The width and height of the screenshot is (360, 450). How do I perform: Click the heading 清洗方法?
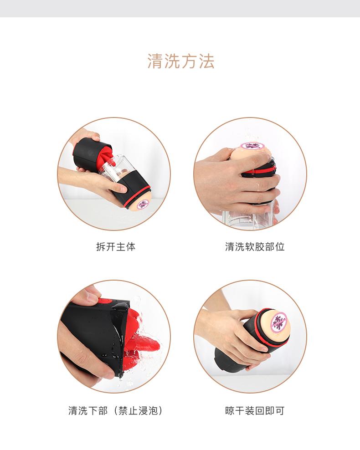181,61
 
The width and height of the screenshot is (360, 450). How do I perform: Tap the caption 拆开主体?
116,247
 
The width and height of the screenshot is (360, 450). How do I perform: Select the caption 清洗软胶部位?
255,247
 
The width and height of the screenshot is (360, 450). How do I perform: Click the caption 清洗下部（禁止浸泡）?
116,411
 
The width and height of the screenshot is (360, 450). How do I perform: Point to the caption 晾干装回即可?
255,411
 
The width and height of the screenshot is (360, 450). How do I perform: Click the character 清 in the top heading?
155,61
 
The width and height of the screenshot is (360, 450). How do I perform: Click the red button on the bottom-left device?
105,302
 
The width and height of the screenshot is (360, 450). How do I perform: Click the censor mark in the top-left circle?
143,205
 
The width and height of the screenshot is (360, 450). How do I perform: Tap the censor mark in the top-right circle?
252,146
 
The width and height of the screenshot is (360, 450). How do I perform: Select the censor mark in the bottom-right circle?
278,323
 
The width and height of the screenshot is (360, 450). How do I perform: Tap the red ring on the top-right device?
259,171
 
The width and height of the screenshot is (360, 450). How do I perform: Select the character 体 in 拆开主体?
131,247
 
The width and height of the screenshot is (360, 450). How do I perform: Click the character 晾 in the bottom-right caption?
230,411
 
